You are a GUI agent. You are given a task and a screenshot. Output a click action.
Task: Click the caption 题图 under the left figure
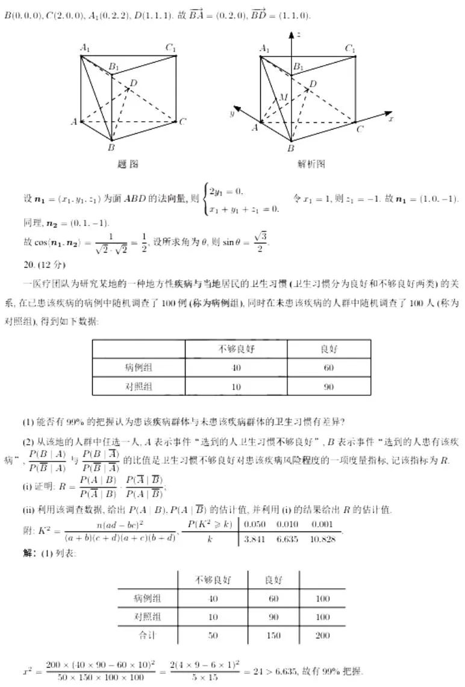click(127, 164)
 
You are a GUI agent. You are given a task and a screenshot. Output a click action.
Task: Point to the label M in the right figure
click(282, 98)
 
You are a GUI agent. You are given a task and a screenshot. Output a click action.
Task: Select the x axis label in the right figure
click(390, 119)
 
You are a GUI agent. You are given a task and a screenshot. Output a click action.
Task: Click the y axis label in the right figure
click(231, 113)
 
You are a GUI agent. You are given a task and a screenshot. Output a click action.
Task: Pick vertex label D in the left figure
click(133, 83)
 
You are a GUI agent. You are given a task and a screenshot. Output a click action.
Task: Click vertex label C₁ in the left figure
click(171, 48)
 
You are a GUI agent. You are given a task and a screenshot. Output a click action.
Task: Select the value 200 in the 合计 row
click(323, 635)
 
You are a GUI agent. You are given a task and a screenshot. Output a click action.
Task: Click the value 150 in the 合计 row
click(273, 635)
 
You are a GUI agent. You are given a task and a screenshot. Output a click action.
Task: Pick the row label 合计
click(148, 635)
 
